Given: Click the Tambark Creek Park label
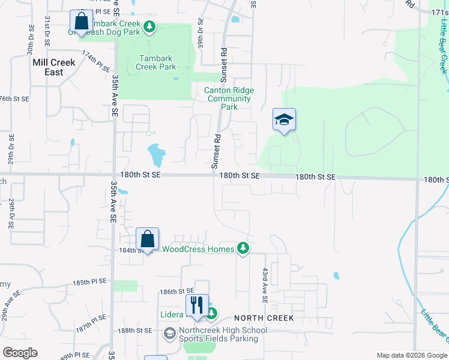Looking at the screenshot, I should point(157,62).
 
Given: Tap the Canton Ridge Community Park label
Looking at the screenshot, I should point(229,98).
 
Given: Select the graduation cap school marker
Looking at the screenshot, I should point(284,119).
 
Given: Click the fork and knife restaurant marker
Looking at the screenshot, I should point(196,305).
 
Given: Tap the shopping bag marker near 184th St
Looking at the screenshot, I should point(148,239).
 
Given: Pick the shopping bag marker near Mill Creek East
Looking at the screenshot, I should point(81,21).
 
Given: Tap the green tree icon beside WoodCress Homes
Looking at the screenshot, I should point(243,248).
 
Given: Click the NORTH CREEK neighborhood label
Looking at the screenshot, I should point(264,318).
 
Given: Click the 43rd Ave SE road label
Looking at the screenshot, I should point(264,284).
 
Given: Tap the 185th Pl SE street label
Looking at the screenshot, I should point(89,281).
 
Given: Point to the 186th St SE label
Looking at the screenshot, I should point(176,292).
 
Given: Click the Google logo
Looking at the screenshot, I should point(20,353).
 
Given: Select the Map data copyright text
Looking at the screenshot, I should point(411,355).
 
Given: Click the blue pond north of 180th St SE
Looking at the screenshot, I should point(156,155).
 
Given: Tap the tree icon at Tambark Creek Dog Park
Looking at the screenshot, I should point(149,26).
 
